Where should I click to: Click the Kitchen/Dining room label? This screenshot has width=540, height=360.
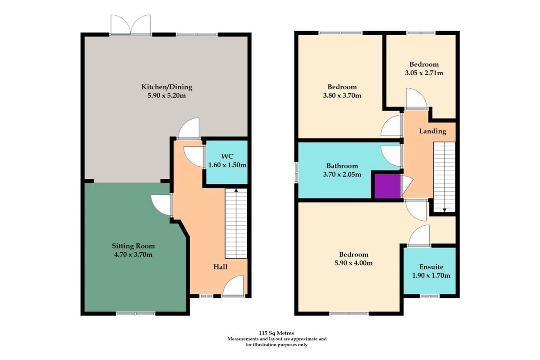(x=167, y=87)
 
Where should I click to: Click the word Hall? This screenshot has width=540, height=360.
(x=220, y=267)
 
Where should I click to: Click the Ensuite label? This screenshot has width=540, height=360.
(x=431, y=267)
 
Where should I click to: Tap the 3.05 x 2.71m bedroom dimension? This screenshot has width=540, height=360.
(x=423, y=73)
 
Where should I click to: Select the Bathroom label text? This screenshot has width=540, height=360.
(x=342, y=166)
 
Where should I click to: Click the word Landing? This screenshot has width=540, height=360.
(x=432, y=131)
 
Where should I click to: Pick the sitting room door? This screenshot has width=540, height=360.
(x=162, y=205)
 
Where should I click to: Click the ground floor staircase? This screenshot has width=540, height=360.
(x=236, y=223)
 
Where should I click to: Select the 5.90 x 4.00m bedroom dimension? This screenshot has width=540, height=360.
(x=353, y=263)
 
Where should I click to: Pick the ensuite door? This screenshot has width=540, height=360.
(x=419, y=236)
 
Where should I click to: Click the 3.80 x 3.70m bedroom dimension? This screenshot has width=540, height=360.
(x=342, y=96)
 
